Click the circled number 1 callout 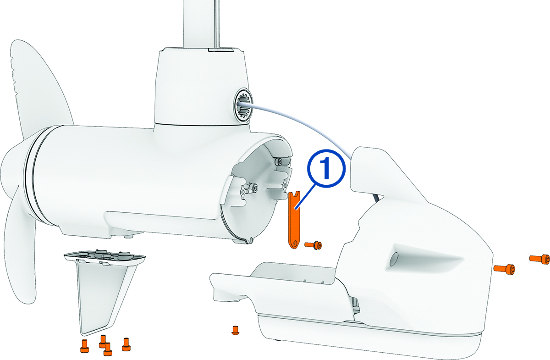click(326, 170)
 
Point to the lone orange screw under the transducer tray click(236, 329)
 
